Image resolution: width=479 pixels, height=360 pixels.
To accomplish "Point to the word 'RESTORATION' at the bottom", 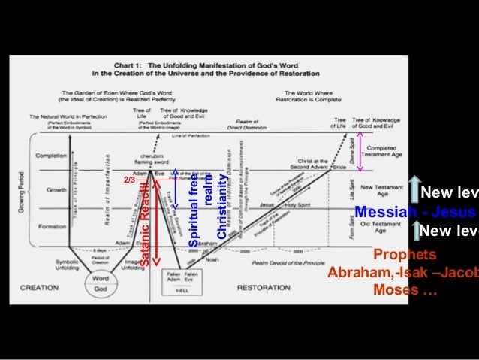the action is pyautogui.click(x=264, y=288).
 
